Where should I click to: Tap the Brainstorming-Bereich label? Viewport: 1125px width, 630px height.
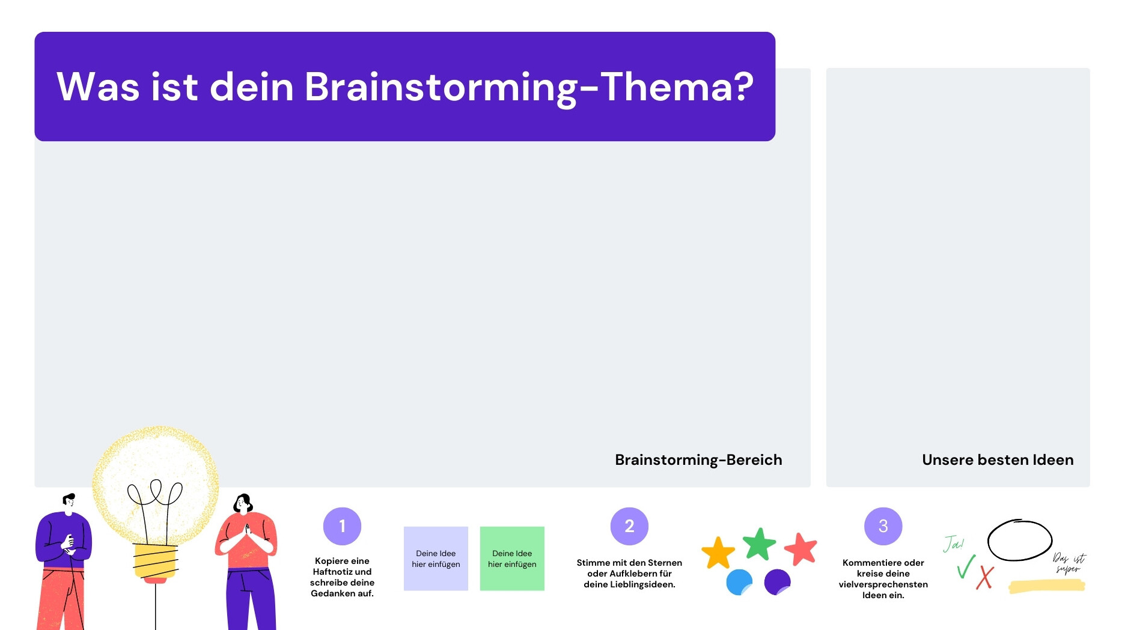tap(698, 460)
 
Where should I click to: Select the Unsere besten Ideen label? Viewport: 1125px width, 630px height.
tap(998, 460)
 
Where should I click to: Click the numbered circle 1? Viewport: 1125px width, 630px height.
tap(342, 526)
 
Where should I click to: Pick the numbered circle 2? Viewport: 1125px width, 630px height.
tap(629, 526)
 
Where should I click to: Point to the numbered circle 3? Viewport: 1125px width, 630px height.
tap(883, 526)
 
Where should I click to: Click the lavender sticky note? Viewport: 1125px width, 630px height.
tap(436, 559)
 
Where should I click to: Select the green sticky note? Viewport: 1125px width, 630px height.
tap(512, 559)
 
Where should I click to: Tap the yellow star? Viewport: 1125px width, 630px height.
tap(718, 553)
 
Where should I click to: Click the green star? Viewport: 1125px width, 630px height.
tap(760, 544)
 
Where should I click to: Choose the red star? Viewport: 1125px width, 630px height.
tap(801, 549)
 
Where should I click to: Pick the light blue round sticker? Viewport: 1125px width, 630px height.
tap(739, 583)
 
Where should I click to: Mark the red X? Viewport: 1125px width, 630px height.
tap(985, 578)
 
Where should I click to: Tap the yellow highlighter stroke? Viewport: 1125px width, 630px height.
tap(1047, 586)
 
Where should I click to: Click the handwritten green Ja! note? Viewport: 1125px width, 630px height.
tap(953, 544)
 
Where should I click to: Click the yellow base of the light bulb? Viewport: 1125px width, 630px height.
tap(156, 562)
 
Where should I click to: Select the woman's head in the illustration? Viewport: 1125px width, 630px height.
tap(243, 503)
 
